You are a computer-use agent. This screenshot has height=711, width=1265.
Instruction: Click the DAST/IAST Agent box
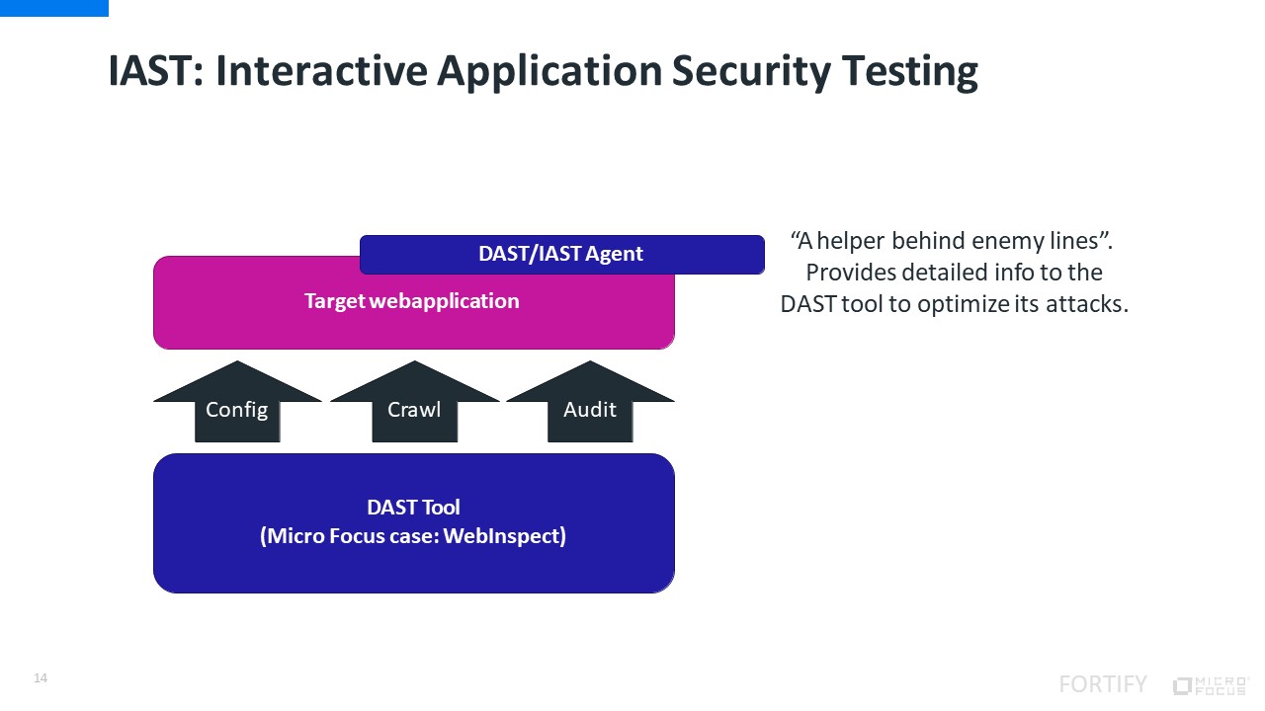pos(561,254)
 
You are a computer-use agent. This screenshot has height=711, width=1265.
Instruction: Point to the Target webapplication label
pos(412,301)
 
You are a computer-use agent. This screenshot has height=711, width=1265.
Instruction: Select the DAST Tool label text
pos(413,508)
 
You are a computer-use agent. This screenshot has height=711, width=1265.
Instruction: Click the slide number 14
pos(41,678)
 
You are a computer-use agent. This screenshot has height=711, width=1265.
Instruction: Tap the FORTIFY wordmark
pos(1103,684)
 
